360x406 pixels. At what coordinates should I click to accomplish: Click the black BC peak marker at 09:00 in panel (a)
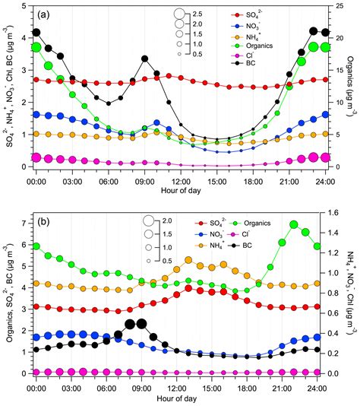click(x=144, y=59)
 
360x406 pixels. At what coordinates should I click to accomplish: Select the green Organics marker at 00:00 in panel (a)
click(x=36, y=47)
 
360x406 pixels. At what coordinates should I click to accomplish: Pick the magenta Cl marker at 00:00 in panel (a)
click(x=36, y=157)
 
